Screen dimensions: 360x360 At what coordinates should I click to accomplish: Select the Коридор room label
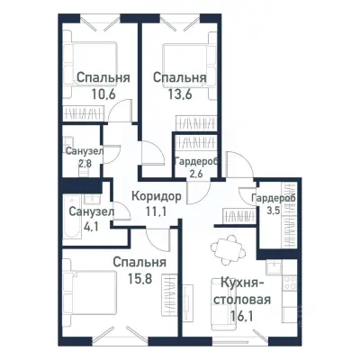click(156, 196)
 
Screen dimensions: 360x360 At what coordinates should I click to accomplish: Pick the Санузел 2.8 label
click(84, 158)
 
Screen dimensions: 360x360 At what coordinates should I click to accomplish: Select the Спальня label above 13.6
click(179, 77)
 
